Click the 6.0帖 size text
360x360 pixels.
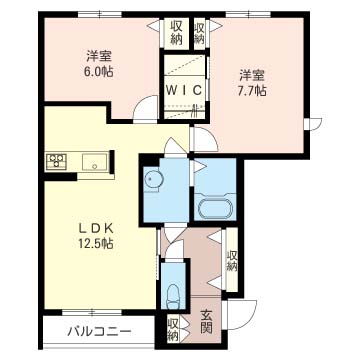click(96, 71)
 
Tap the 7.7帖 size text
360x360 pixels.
click(250, 89)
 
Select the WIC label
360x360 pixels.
click(185, 90)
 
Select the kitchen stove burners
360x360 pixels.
click(56, 160)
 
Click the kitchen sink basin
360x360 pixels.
click(98, 161)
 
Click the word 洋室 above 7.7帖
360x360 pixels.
click(250, 73)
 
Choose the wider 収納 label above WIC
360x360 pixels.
click(176, 32)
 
